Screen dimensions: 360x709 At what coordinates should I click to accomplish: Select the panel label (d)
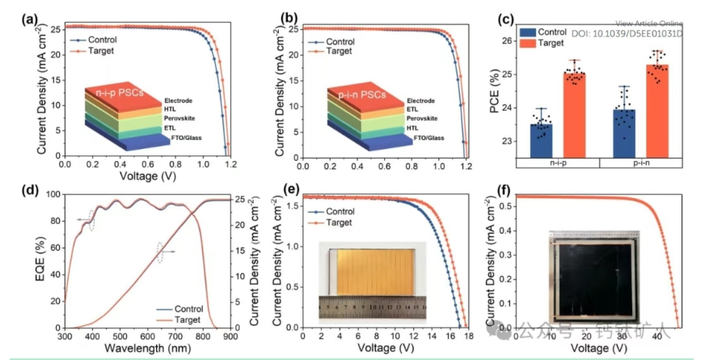(12, 191)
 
